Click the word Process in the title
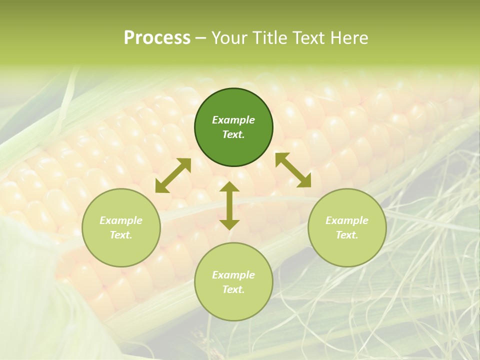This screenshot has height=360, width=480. pyautogui.click(x=157, y=38)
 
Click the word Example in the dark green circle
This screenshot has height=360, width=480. pyautogui.click(x=233, y=120)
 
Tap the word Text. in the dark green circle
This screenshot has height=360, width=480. pyautogui.click(x=233, y=134)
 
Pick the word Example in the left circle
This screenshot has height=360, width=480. pyautogui.click(x=121, y=220)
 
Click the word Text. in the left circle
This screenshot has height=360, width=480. pyautogui.click(x=121, y=235)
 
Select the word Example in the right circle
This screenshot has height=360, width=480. pyautogui.click(x=347, y=220)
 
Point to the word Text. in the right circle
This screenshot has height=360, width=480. pyautogui.click(x=347, y=235)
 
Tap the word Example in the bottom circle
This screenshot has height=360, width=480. pyautogui.click(x=233, y=275)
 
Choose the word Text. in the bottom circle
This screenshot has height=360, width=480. pyautogui.click(x=233, y=289)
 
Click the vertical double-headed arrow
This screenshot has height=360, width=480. pyautogui.click(x=229, y=205)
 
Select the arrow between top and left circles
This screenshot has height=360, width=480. pyautogui.click(x=173, y=175)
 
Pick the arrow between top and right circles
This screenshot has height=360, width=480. pyautogui.click(x=293, y=170)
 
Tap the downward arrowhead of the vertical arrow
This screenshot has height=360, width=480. pyautogui.click(x=229, y=225)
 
